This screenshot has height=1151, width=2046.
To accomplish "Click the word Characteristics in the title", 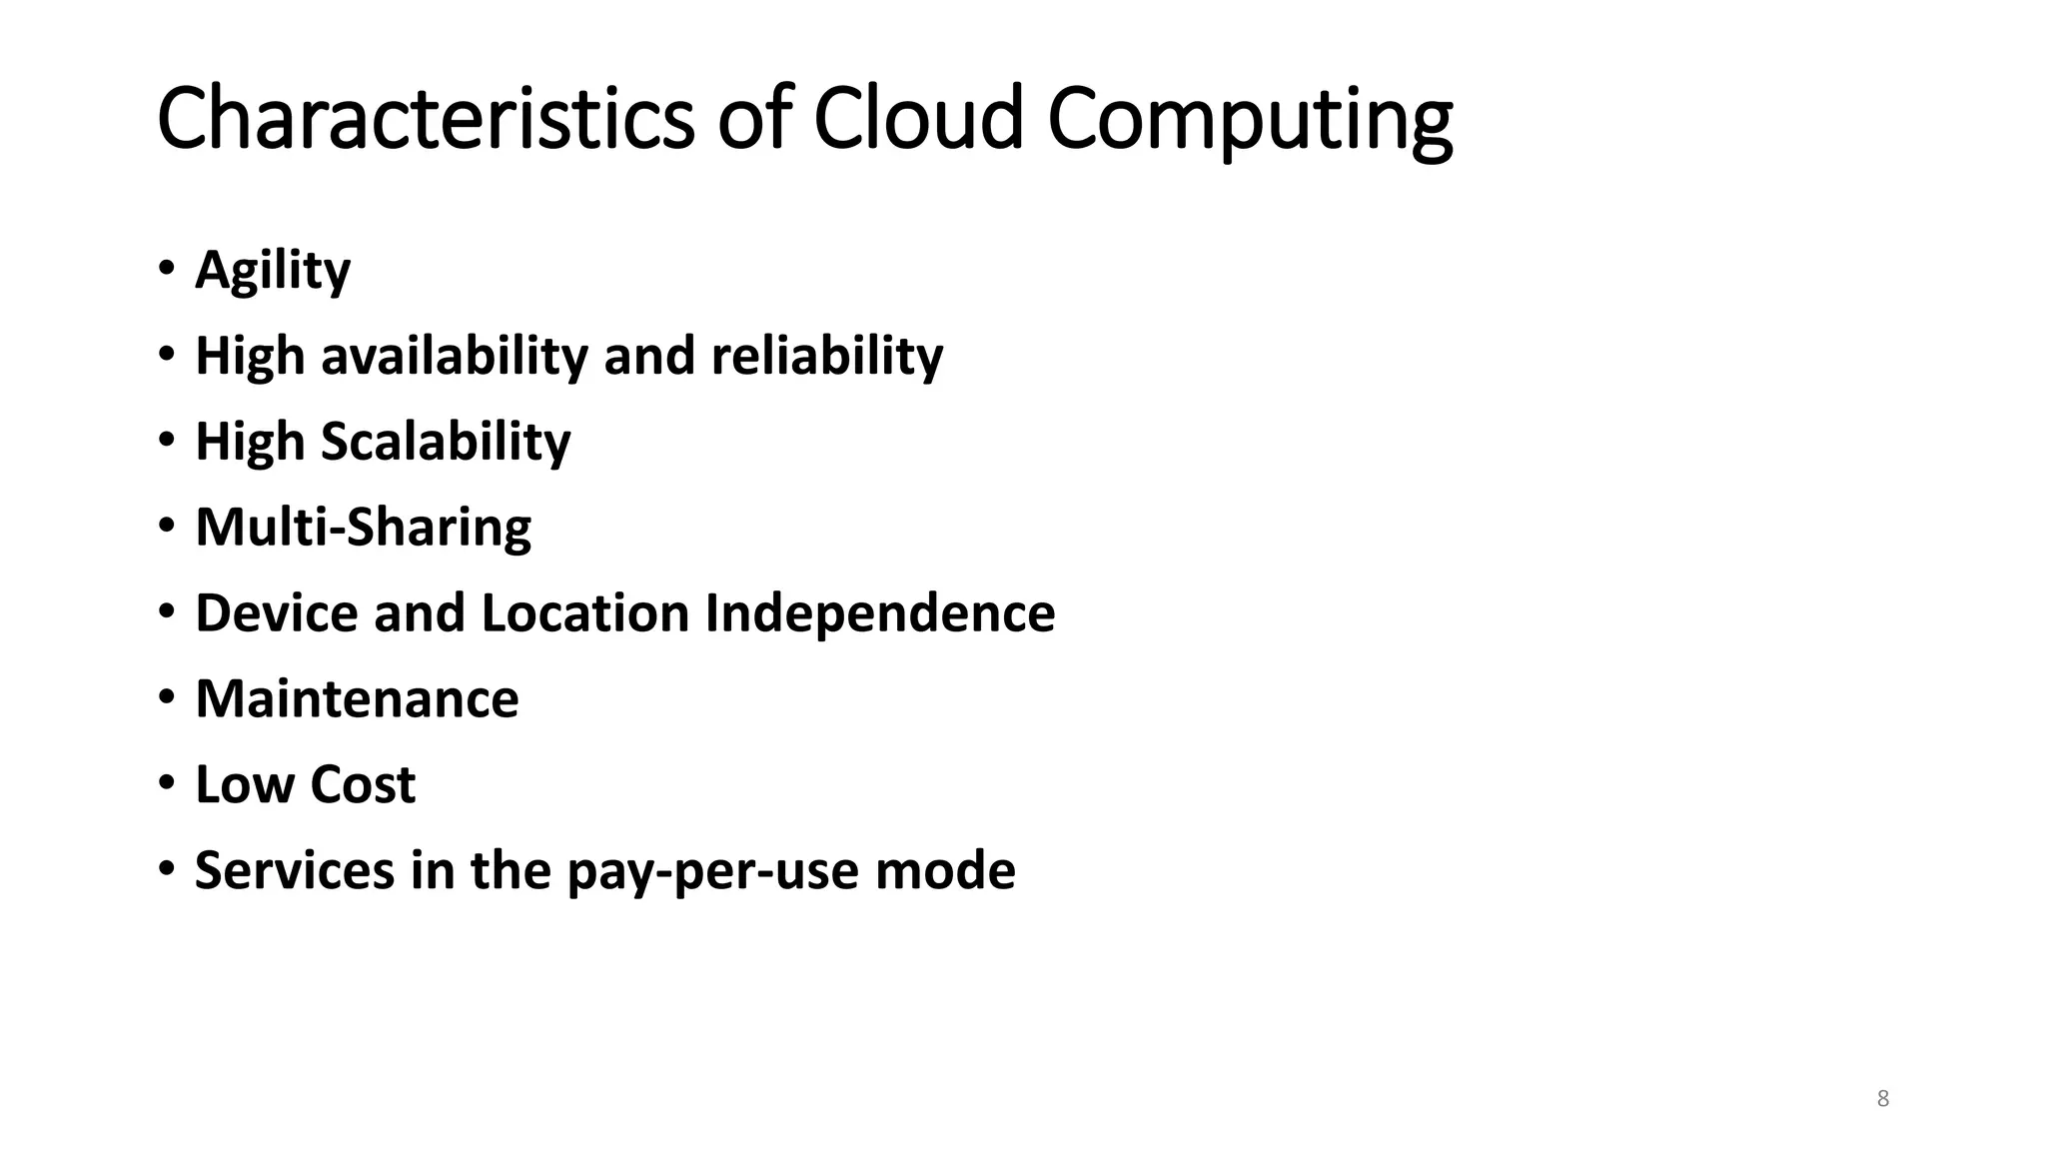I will click(x=425, y=119).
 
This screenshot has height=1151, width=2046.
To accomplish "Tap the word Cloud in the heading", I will click(x=918, y=119).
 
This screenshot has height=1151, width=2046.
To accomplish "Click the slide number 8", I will click(x=1883, y=1099).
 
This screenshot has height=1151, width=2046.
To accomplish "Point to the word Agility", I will click(x=273, y=270).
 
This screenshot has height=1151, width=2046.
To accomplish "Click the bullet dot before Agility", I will click(x=166, y=268).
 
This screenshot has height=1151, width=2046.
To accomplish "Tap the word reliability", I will click(x=826, y=356).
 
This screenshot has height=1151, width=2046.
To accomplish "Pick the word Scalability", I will click(x=446, y=442).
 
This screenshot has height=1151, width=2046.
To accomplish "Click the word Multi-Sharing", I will click(x=364, y=528).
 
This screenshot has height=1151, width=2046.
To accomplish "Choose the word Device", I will click(x=276, y=612).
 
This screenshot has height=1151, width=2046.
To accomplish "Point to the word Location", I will click(x=584, y=612).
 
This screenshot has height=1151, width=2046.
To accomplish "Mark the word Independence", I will click(x=879, y=612).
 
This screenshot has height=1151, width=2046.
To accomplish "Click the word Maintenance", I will click(x=357, y=698).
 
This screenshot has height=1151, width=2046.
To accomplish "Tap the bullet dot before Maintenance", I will click(x=166, y=696).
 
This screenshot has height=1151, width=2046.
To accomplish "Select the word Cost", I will click(x=362, y=784).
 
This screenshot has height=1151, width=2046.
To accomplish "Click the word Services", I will click(x=295, y=870).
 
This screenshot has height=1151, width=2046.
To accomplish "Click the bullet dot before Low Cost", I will click(x=166, y=782).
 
